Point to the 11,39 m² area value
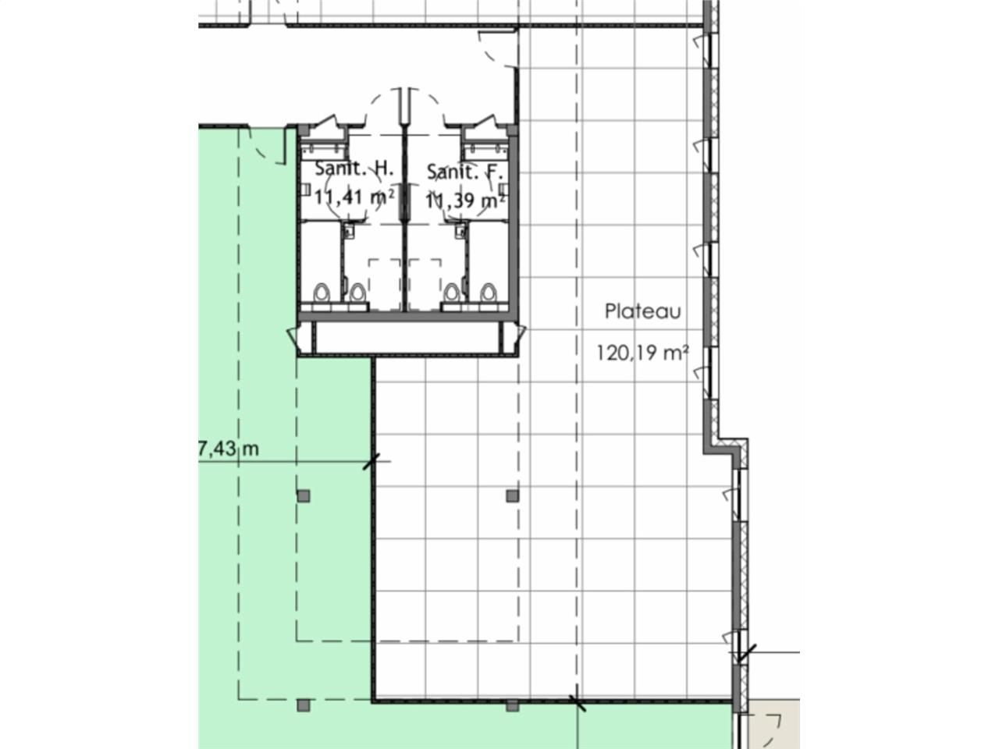click(x=464, y=201)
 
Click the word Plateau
click(x=643, y=311)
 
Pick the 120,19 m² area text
click(x=642, y=353)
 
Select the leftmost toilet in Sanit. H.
click(x=323, y=293)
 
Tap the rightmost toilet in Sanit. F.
click(x=489, y=293)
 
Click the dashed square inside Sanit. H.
click(x=385, y=284)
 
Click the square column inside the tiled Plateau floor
click(x=512, y=495)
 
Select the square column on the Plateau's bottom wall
click(x=512, y=706)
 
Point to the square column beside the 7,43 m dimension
click(x=304, y=495)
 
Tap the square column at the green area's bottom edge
click(x=304, y=706)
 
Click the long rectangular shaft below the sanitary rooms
click(x=405, y=337)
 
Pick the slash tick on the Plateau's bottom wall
click(x=578, y=703)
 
